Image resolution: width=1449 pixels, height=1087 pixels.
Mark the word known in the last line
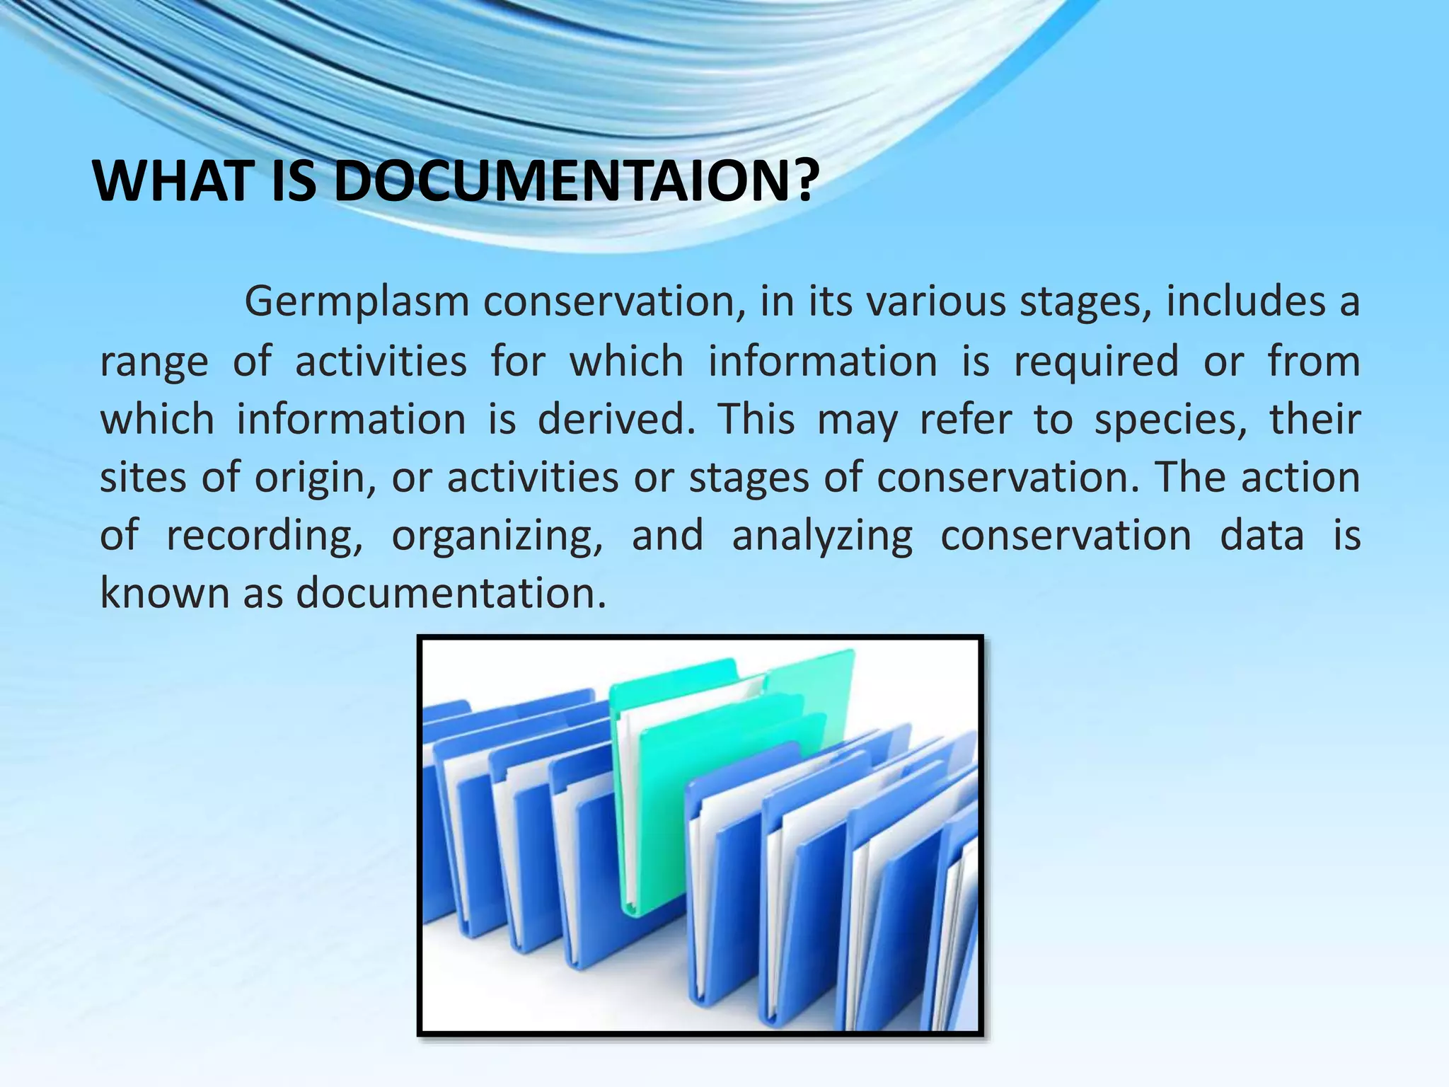164,593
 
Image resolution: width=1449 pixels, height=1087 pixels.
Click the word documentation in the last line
451,593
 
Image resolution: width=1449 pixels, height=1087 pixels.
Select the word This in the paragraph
756,419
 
